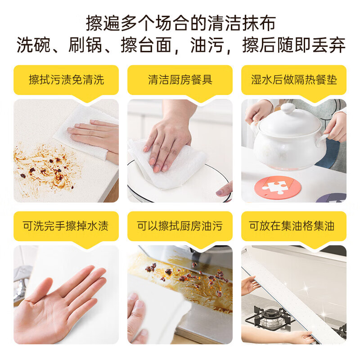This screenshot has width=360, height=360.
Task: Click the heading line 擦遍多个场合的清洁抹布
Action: click(x=180, y=22)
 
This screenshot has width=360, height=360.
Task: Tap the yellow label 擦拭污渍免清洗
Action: click(x=66, y=80)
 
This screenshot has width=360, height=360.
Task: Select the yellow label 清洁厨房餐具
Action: click(x=180, y=80)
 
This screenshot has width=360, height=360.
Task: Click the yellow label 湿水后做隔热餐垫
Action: click(x=294, y=80)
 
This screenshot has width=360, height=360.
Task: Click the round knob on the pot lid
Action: click(x=288, y=108)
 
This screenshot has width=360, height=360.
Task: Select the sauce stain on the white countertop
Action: click(x=45, y=166)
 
